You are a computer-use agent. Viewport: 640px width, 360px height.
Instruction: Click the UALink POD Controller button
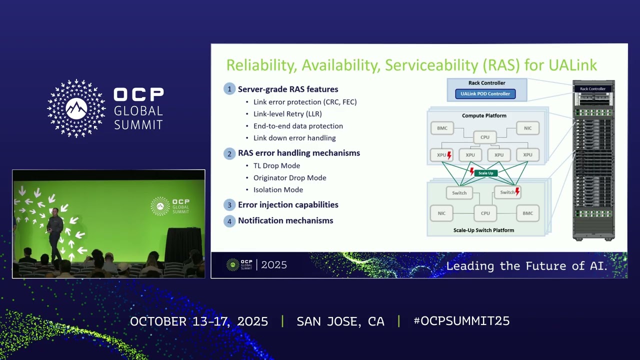coord(485,93)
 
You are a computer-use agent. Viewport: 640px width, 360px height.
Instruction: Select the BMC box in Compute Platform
coord(442,128)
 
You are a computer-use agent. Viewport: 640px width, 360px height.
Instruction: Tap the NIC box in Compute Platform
coord(527,128)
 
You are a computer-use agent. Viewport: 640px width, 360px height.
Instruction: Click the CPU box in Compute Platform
coord(484,136)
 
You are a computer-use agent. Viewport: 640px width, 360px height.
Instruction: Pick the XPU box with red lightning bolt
coord(442,155)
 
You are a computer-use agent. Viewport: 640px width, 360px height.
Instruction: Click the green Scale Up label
coord(485,173)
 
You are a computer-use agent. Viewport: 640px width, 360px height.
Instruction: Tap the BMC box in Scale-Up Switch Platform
coord(527,213)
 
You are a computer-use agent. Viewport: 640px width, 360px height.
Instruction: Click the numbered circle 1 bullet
coord(229,89)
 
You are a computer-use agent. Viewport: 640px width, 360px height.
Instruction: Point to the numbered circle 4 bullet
coord(229,220)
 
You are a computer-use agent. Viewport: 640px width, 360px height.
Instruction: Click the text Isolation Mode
coord(278,189)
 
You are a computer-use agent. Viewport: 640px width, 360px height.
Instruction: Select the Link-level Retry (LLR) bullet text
coord(287,113)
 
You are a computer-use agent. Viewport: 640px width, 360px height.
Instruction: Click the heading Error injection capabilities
coord(288,204)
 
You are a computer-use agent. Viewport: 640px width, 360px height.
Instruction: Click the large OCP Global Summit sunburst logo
coord(76,108)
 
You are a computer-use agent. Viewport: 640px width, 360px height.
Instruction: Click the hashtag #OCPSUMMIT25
coord(461,321)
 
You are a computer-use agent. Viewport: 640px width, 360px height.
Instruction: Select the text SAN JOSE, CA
coord(340,321)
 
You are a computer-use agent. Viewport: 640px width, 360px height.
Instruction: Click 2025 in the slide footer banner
coord(274,265)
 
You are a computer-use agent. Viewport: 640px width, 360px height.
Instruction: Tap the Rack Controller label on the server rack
coord(593,89)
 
